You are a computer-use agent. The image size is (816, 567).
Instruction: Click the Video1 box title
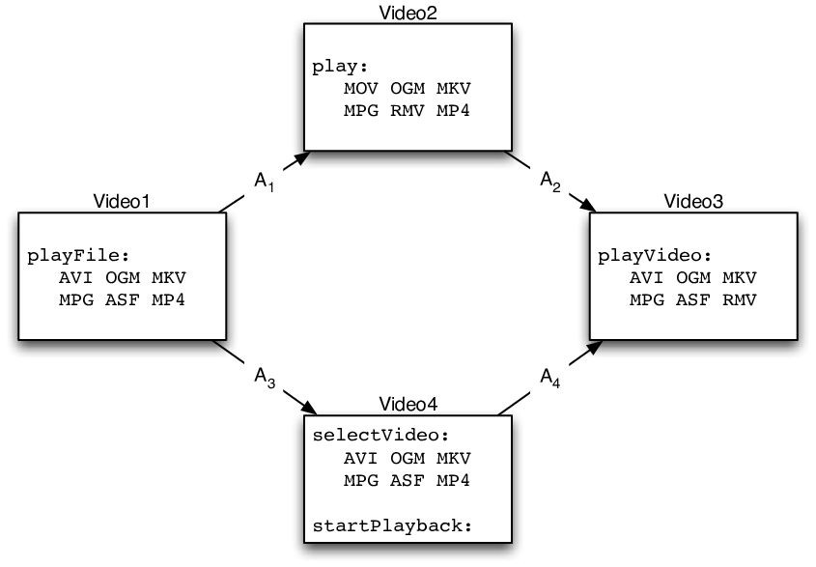tap(122, 201)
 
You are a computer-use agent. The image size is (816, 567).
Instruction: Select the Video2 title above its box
tap(408, 13)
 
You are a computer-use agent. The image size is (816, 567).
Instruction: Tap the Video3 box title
tap(693, 201)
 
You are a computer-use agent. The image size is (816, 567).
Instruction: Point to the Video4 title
tap(408, 404)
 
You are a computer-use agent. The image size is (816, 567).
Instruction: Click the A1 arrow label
tap(264, 182)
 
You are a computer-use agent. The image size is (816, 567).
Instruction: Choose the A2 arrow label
tap(550, 182)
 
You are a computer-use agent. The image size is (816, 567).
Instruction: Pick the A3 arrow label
tap(265, 378)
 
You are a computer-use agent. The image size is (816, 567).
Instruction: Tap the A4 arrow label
tap(550, 378)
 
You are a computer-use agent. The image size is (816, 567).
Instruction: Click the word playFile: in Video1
tap(78, 256)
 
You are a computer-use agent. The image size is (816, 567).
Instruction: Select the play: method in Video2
tap(340, 67)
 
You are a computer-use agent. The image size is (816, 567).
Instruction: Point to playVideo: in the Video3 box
tap(654, 256)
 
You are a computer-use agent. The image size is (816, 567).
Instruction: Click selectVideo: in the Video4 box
tap(380, 435)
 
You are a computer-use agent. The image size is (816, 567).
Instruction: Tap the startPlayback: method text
tap(392, 525)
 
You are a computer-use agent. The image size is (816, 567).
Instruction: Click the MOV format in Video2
tap(360, 89)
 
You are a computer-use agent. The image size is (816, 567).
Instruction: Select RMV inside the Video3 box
tap(740, 299)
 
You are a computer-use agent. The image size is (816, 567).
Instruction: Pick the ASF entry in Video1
tap(123, 299)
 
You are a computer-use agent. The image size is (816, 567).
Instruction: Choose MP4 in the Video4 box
tap(453, 480)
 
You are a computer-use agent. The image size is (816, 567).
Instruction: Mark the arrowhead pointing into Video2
tap(302, 157)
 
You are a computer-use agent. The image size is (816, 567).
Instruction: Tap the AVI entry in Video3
tap(646, 277)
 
